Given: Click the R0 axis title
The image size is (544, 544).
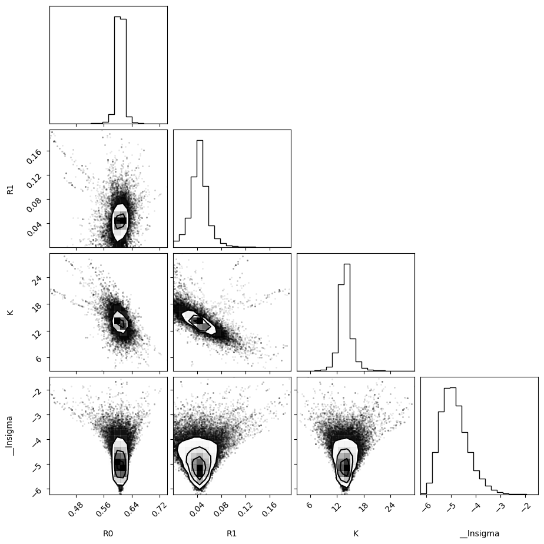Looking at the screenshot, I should pyautogui.click(x=108, y=533).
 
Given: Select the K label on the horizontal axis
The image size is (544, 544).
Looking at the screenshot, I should pyautogui.click(x=356, y=533).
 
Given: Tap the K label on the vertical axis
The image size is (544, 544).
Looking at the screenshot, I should pyautogui.click(x=10, y=312).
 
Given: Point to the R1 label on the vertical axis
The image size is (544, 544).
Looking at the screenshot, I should pyautogui.click(x=10, y=189).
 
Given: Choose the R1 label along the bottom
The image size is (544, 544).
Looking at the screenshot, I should pyautogui.click(x=231, y=533).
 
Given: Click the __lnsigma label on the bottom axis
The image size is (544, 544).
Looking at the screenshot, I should pyautogui.click(x=479, y=533).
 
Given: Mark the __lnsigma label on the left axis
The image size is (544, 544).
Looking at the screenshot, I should pyautogui.click(x=10, y=436).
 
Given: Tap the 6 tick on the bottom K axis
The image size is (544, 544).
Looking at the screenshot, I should pyautogui.click(x=310, y=505).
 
